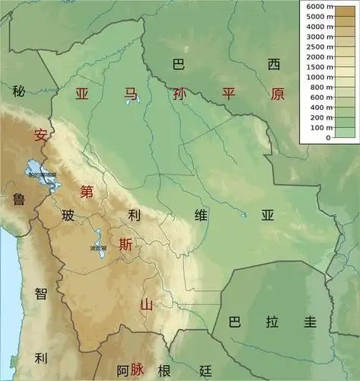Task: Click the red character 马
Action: pyautogui.click(x=132, y=94)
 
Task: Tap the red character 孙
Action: pyautogui.click(x=179, y=94)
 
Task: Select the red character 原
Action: pyautogui.click(x=277, y=94)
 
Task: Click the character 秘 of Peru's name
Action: pyautogui.click(x=19, y=91)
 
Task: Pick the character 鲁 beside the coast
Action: pyautogui.click(x=19, y=200)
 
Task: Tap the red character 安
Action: pyautogui.click(x=41, y=136)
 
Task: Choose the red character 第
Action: pyautogui.click(x=88, y=191)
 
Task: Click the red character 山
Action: pyautogui.click(x=146, y=306)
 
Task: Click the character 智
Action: pyautogui.click(x=41, y=293)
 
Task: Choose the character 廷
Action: pyautogui.click(x=205, y=371)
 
